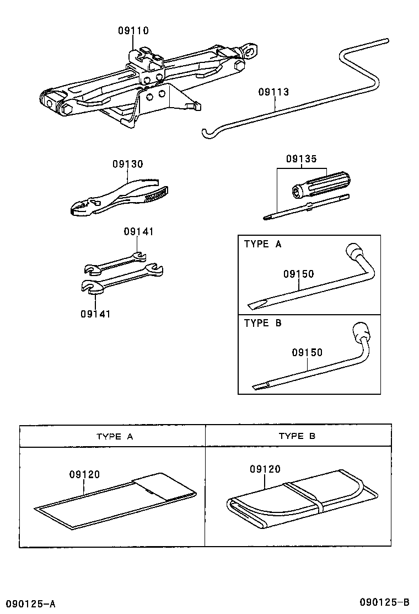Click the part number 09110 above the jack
click(x=133, y=31)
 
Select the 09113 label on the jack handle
click(x=273, y=92)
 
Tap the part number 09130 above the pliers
click(x=128, y=164)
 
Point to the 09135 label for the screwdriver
click(x=302, y=159)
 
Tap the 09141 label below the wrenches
click(x=95, y=314)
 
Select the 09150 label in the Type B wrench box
click(x=307, y=352)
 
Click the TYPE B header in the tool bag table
click(x=297, y=436)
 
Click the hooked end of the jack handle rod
click(x=207, y=133)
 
